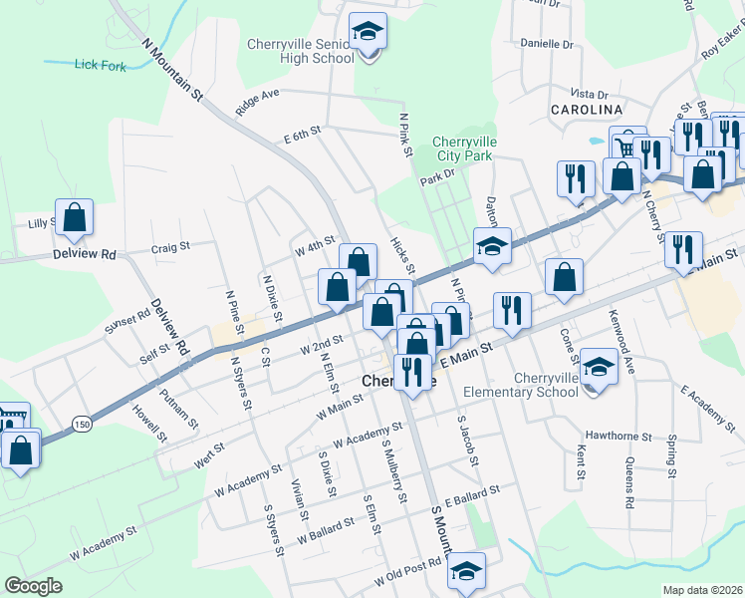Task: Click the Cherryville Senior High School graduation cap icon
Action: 368,33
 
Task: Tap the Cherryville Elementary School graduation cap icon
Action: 599,368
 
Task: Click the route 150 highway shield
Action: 82,425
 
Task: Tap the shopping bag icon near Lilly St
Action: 75,217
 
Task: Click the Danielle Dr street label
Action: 548,45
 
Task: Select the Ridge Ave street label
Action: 257,97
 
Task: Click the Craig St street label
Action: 170,248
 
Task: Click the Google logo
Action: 33,585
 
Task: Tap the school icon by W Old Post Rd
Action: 465,571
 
